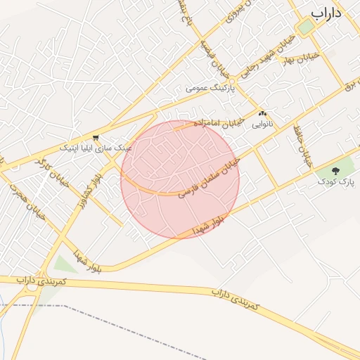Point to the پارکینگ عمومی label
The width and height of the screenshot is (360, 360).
coord(207,89)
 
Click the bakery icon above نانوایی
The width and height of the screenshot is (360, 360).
coord(262,114)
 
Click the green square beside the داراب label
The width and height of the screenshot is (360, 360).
coord(305,27)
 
